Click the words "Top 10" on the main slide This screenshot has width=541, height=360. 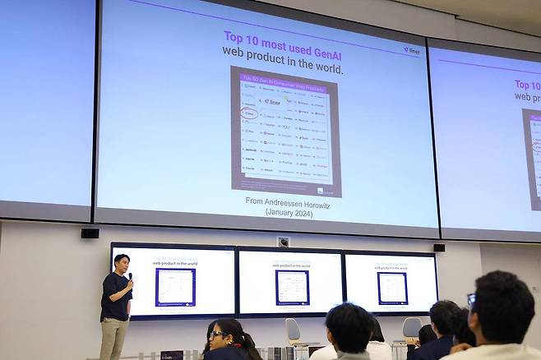pos(239,37)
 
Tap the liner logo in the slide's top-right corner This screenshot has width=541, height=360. pos(411,51)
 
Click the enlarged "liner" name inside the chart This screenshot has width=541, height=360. pos(273,102)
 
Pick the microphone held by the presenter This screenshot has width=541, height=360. pos(129,278)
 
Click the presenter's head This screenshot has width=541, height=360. pos(121,264)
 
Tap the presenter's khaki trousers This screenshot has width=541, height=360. pos(114,338)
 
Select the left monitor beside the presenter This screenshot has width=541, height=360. pos(173,281)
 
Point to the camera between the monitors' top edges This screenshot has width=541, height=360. pos(284,242)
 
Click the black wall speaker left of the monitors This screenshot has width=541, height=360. pos(90,233)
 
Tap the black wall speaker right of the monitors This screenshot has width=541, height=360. pos(439,247)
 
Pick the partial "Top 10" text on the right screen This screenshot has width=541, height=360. pos(527,84)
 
